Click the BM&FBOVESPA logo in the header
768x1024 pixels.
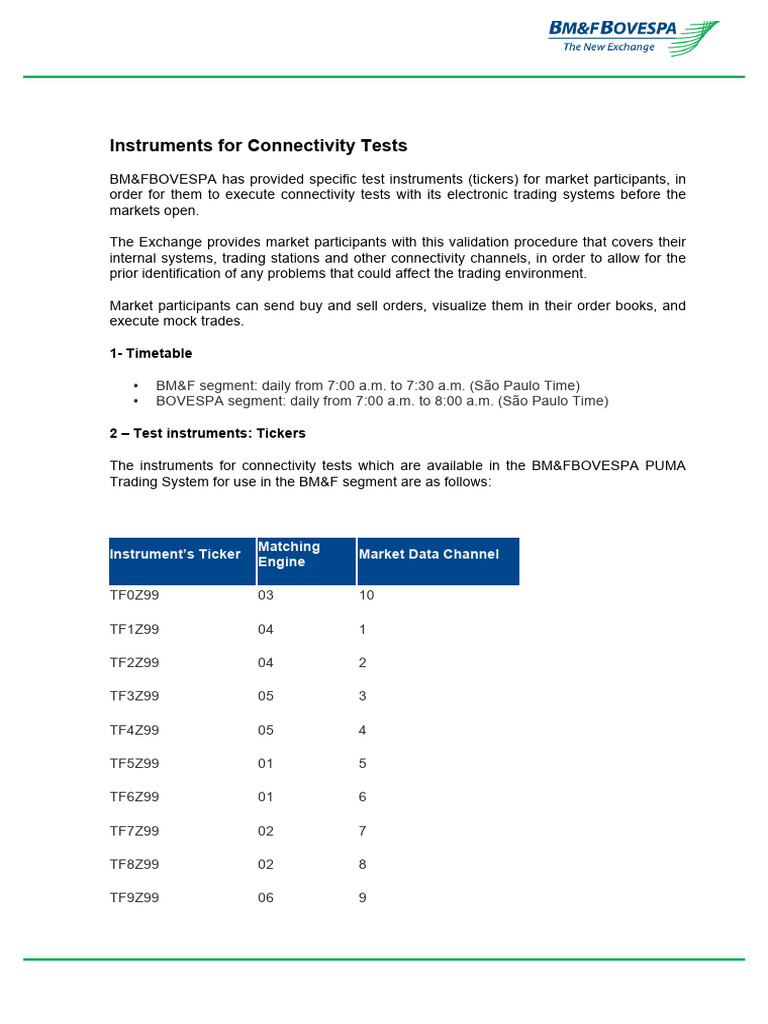tap(632, 37)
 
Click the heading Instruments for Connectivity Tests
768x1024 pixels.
tap(258, 146)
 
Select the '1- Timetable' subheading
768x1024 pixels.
tap(151, 353)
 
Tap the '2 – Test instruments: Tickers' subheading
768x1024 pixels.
tap(207, 433)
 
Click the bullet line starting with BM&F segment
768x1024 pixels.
tap(367, 385)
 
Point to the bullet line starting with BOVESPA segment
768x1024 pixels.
tap(381, 401)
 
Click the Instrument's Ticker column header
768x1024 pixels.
tap(175, 554)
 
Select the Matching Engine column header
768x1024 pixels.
tap(289, 554)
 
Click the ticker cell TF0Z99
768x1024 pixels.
tap(134, 595)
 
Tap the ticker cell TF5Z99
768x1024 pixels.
tap(134, 763)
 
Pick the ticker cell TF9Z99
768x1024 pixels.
tap(134, 898)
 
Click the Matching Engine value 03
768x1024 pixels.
tap(265, 595)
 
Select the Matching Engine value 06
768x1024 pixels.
tap(265, 898)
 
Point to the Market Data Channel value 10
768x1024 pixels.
tap(366, 595)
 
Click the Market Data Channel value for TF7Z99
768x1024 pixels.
tap(363, 831)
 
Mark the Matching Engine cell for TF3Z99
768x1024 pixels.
tap(265, 696)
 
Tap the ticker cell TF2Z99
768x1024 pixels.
tap(134, 662)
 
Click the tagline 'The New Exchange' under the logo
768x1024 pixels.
tap(608, 47)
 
